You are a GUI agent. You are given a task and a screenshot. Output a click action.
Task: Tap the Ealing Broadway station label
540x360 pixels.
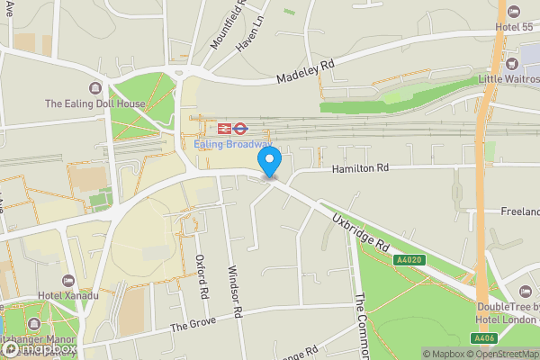tap(232, 144)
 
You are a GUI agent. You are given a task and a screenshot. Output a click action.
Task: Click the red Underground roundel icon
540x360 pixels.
tap(240, 129)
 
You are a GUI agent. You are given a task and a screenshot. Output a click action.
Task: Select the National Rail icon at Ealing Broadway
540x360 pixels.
tap(224, 129)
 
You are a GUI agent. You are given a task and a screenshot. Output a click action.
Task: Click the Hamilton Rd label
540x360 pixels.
tap(359, 167)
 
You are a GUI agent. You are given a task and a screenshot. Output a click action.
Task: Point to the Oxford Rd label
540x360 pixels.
tap(202, 276)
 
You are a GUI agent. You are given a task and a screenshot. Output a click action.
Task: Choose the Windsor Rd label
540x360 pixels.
tap(236, 292)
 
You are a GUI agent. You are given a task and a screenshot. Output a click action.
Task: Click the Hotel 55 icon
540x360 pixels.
tap(514, 12)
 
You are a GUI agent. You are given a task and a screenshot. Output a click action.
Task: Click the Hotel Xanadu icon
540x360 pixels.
tap(69, 283)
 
